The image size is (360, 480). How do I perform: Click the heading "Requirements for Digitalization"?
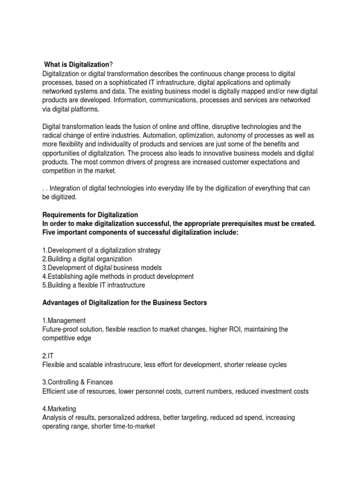90,215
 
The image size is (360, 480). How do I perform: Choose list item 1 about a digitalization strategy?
101,250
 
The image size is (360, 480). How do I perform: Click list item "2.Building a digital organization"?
87,259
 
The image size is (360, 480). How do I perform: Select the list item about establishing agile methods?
118,277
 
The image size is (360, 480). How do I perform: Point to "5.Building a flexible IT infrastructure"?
94,285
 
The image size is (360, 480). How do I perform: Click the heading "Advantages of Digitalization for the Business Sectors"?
124,303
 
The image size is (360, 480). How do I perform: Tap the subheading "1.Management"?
64,321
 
